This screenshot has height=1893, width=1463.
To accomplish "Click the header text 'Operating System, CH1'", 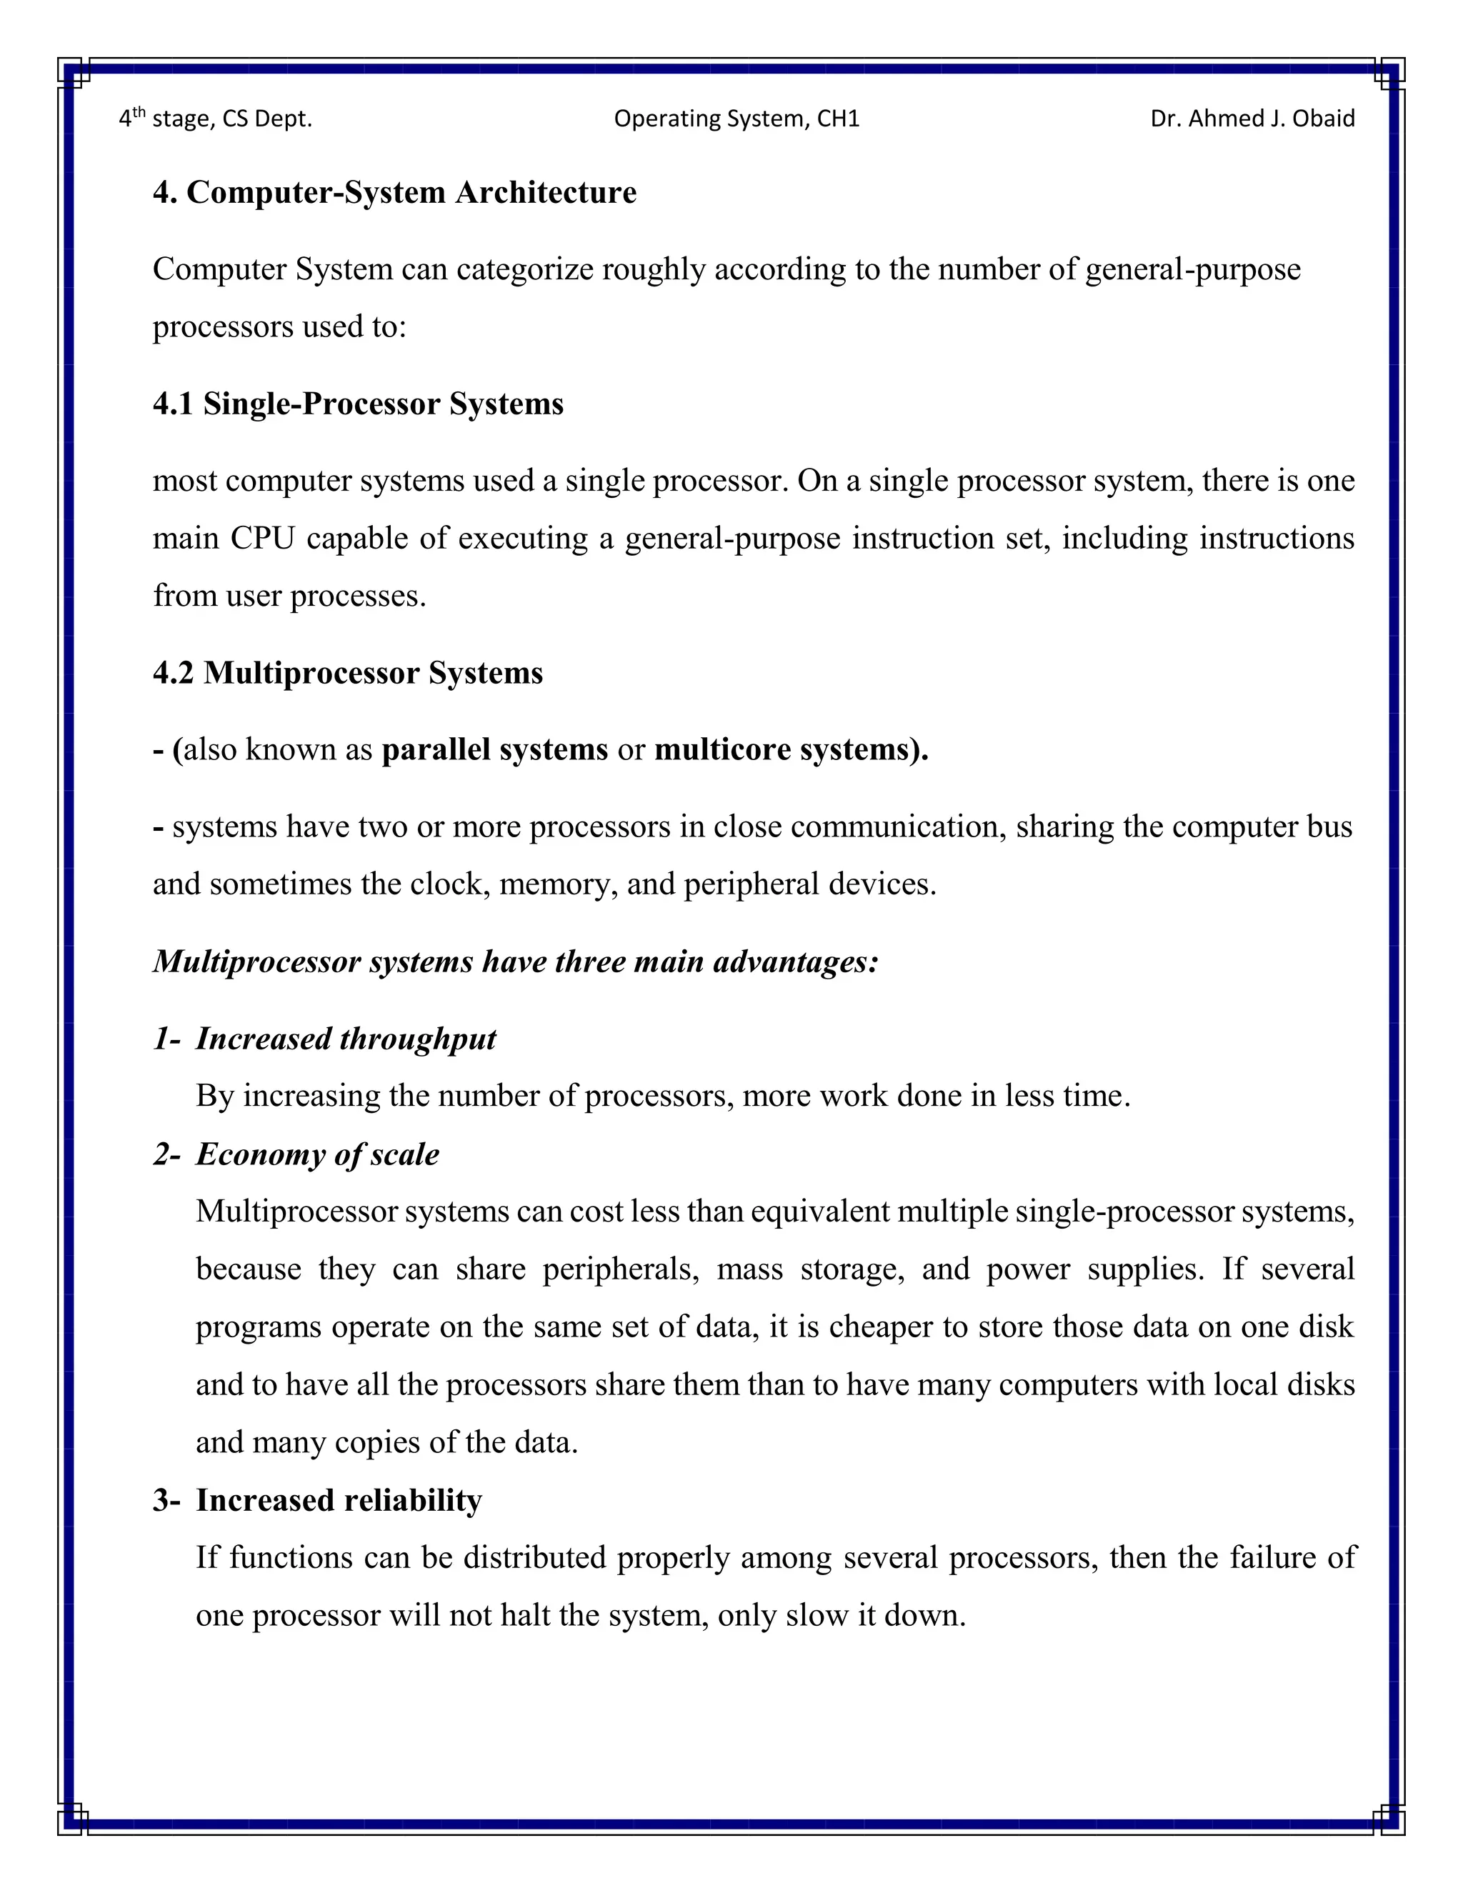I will [736, 119].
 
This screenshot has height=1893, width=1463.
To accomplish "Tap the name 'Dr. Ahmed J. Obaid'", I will [1252, 119].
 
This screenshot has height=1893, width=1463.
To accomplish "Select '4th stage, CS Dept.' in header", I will [215, 118].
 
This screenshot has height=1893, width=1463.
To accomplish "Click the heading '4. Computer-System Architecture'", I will [394, 192].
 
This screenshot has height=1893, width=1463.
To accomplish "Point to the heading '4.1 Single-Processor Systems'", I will [358, 404].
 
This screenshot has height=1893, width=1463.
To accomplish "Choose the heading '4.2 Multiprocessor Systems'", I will [348, 673].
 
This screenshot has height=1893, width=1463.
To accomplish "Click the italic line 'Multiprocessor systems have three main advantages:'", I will [516, 962].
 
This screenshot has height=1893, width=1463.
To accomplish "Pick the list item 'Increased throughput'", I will [345, 1039].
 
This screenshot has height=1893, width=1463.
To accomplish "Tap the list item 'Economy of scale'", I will [317, 1154].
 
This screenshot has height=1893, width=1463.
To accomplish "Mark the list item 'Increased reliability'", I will [338, 1500].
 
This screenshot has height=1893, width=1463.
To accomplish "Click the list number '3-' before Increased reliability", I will [166, 1500].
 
